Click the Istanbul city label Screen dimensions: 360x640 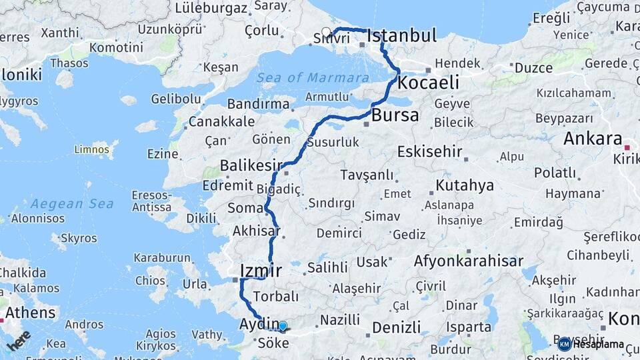[402, 35]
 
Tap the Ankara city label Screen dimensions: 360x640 [593, 139]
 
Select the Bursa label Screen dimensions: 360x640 [395, 115]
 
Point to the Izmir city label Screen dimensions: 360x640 [260, 271]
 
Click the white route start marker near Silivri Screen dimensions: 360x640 [326, 31]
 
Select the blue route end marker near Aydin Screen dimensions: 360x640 [283, 326]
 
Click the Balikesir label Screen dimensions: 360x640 [251, 165]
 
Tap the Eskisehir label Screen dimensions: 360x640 [429, 151]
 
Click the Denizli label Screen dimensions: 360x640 [396, 327]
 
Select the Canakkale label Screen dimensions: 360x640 [221, 122]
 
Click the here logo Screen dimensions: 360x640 [19, 340]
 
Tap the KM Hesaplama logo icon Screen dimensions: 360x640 [564, 344]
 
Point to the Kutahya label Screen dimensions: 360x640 [465, 185]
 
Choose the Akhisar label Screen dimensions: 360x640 [255, 231]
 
